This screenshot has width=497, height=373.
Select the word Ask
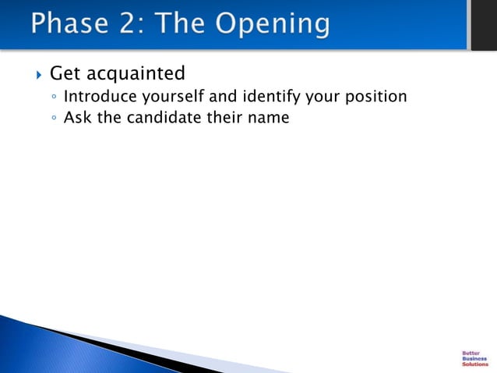pyautogui.click(x=77, y=119)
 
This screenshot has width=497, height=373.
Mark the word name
pyautogui.click(x=270, y=119)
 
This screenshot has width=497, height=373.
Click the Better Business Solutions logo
pyautogui.click(x=474, y=358)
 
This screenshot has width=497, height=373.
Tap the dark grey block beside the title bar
pyautogui.click(x=483, y=25)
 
